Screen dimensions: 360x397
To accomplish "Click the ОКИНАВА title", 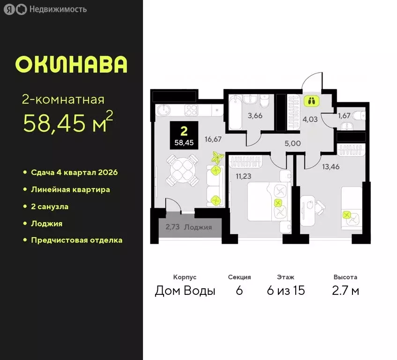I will click(71, 65).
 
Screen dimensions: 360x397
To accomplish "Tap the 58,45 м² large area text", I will click(68, 123).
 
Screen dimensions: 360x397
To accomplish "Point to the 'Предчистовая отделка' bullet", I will click(76, 240).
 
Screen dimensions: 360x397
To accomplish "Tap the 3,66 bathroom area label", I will click(255, 116).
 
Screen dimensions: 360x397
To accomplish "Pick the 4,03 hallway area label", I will click(310, 119).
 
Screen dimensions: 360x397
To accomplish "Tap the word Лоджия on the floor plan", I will click(198, 227).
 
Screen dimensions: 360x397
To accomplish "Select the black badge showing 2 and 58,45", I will click(184, 135).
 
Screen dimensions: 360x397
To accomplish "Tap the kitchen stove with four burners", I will click(193, 111).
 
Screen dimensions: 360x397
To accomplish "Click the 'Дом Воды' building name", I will click(185, 291).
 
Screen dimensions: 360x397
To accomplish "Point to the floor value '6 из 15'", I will click(286, 291).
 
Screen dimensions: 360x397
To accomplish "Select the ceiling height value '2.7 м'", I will click(345, 291).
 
